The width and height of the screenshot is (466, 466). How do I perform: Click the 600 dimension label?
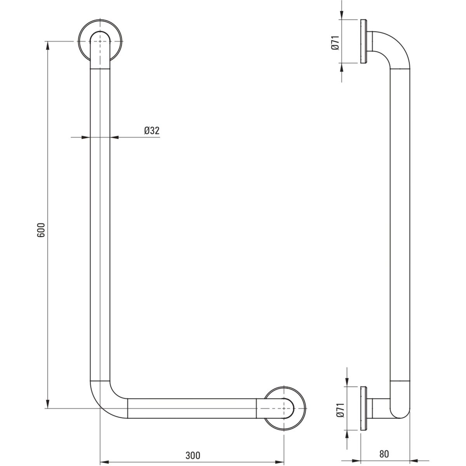[x=41, y=230]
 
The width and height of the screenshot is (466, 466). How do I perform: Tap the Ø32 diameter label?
[x=152, y=131]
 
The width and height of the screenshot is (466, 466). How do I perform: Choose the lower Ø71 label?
[x=340, y=410]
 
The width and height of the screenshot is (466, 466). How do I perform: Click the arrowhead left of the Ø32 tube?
[x=85, y=137]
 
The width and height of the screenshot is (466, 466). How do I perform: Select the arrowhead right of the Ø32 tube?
[x=115, y=137]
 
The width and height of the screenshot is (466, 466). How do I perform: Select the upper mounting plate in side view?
[x=363, y=41]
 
